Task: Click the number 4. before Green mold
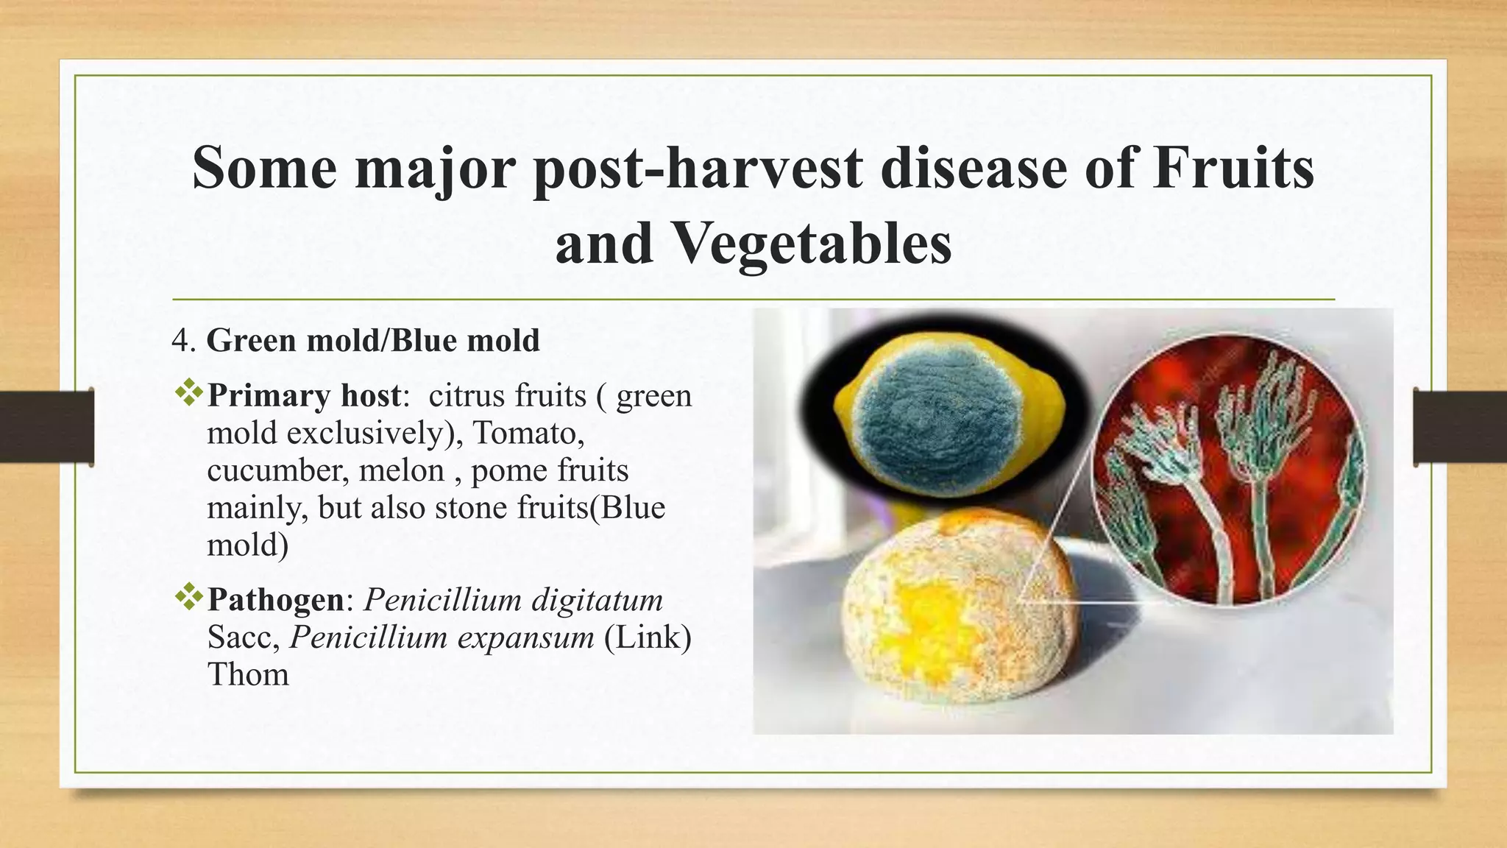(183, 342)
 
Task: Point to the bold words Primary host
(304, 396)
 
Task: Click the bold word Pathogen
(275, 600)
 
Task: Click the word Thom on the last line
(248, 675)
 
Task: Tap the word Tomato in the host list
(528, 434)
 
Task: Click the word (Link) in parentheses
(648, 637)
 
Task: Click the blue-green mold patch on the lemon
(927, 420)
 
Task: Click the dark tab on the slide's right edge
(1460, 428)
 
